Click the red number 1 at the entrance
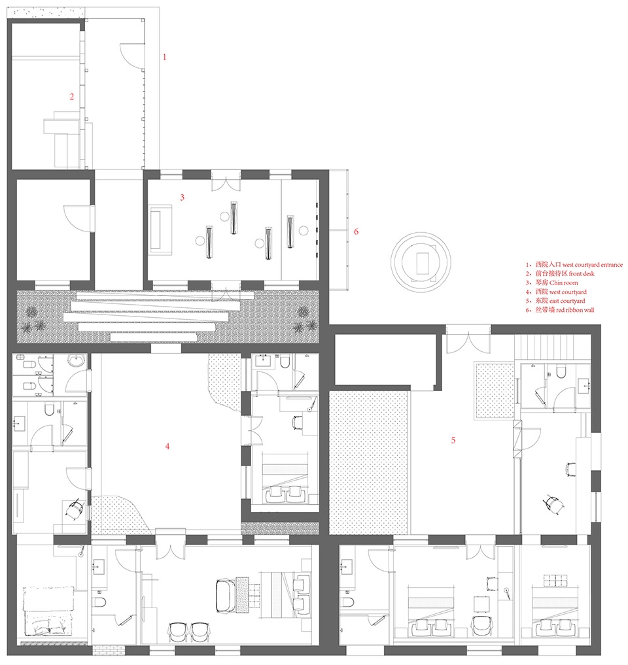point(165,57)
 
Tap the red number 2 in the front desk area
point(72,97)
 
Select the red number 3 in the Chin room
point(182,197)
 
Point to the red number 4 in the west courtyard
point(167,446)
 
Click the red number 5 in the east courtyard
point(453,440)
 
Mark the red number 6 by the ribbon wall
point(356,231)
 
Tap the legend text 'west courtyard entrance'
point(593,265)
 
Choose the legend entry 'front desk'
point(582,273)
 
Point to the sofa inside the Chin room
point(160,230)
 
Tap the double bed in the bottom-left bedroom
point(48,611)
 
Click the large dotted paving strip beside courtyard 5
point(369,462)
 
